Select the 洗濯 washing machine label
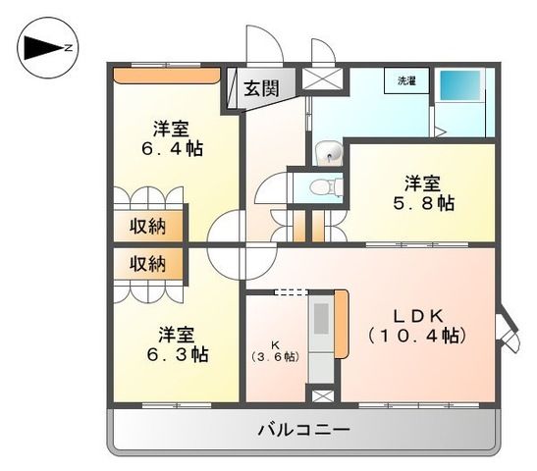406,81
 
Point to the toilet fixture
319,185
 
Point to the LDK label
423,315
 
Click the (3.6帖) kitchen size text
276,355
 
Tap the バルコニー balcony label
303,429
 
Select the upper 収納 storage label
147,226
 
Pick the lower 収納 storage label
147,263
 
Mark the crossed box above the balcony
321,396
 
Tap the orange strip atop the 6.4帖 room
165,73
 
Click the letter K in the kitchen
276,343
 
